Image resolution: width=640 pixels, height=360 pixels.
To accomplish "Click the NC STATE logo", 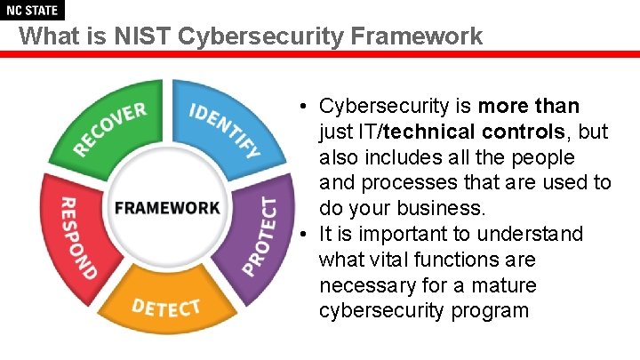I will coord(32,11).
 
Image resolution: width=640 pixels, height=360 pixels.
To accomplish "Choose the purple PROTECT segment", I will coord(261,234).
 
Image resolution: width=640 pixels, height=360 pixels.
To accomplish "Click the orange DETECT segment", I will coord(165,307).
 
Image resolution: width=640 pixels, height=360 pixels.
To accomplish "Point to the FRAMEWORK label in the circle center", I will coord(166,208).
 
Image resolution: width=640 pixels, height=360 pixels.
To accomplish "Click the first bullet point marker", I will coord(303,107).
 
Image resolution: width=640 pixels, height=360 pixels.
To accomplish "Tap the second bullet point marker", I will coord(303,235).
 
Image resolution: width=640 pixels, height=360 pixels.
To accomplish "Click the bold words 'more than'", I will coord(528,107).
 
